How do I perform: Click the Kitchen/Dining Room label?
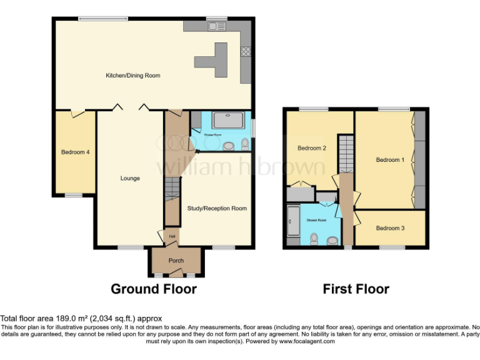point(132,76)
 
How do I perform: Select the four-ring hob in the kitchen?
point(246,52)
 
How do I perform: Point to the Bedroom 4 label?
point(75,152)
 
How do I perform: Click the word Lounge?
point(130,178)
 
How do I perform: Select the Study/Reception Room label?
point(217,208)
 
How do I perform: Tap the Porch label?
point(176,261)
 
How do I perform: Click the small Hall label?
point(172,236)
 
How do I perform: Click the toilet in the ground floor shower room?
point(244,145)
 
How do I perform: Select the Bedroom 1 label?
point(390,160)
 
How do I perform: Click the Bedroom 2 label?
point(311,148)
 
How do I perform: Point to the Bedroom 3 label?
point(390,228)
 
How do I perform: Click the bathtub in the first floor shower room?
point(292,224)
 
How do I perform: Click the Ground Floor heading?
point(154,289)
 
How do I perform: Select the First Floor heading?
point(356,289)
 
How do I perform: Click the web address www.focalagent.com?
point(307,341)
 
